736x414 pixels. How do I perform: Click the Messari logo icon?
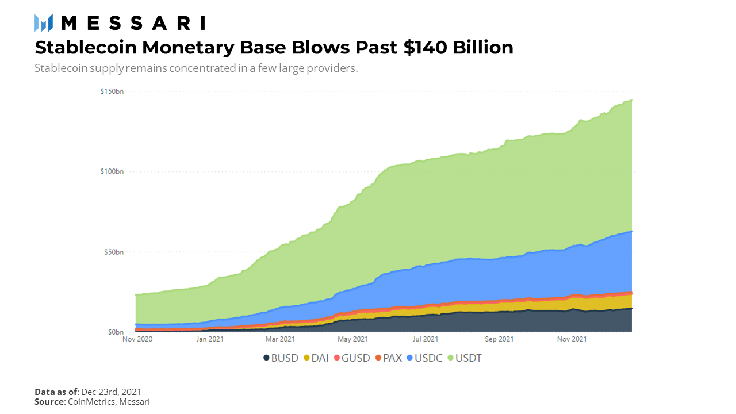[43, 22]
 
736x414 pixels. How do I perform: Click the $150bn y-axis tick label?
[112, 91]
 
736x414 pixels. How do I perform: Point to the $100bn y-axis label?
[112, 171]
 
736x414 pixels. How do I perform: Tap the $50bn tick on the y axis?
[114, 252]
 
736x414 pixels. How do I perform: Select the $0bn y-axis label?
[116, 332]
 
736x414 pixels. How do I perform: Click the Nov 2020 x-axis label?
[137, 339]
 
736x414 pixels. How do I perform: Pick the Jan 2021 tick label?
[210, 339]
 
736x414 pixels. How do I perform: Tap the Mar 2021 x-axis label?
[280, 339]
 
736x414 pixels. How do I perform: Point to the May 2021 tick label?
[353, 339]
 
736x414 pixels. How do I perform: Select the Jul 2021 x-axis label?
[425, 339]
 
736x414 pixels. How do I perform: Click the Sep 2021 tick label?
[499, 339]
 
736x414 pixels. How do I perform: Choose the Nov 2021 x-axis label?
[572, 339]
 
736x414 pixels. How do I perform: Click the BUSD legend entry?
[281, 358]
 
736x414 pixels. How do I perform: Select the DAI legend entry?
[316, 358]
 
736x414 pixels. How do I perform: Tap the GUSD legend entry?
[352, 358]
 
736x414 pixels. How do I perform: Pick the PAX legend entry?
[389, 358]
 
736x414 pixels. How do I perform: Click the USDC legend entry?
[425, 358]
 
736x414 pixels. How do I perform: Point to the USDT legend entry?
[465, 358]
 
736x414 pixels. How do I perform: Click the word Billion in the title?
[483, 48]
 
